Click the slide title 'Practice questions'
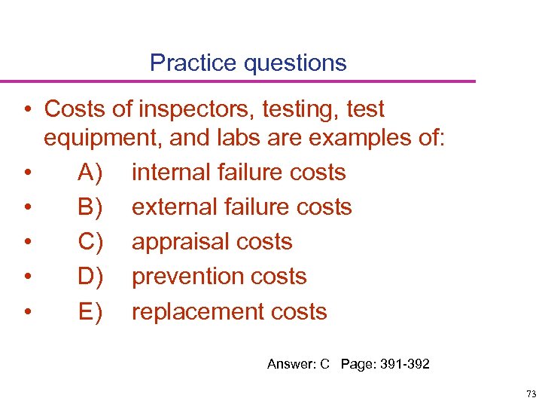pos(248,63)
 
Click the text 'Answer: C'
pos(299,365)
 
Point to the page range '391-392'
pos(405,365)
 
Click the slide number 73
pos(531,394)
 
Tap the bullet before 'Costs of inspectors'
pos(27,110)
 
